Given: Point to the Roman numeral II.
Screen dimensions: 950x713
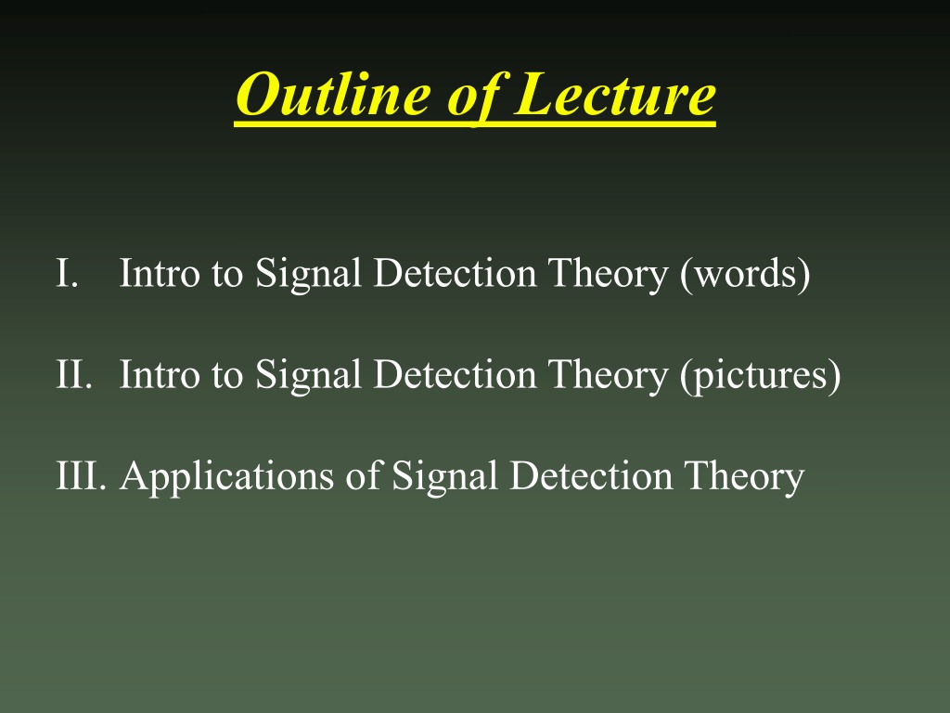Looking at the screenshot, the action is pos(74,373).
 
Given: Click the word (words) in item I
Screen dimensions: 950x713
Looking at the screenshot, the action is pos(745,274).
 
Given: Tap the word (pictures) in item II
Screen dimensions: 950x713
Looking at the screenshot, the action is pos(761,375).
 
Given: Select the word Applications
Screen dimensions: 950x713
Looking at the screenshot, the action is pos(226,476).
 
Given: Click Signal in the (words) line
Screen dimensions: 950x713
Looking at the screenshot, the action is pos(308,274).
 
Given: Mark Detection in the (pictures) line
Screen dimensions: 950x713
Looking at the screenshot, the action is pos(455,374).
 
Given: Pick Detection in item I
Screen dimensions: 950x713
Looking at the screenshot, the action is pos(455,273).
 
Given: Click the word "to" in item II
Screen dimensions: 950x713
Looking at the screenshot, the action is pos(227,376).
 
